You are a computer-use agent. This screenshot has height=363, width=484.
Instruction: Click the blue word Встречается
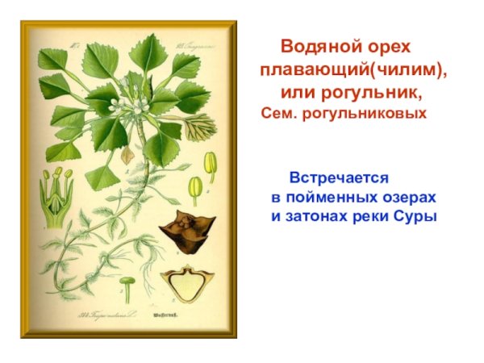340,177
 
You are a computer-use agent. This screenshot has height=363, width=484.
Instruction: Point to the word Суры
416,216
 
